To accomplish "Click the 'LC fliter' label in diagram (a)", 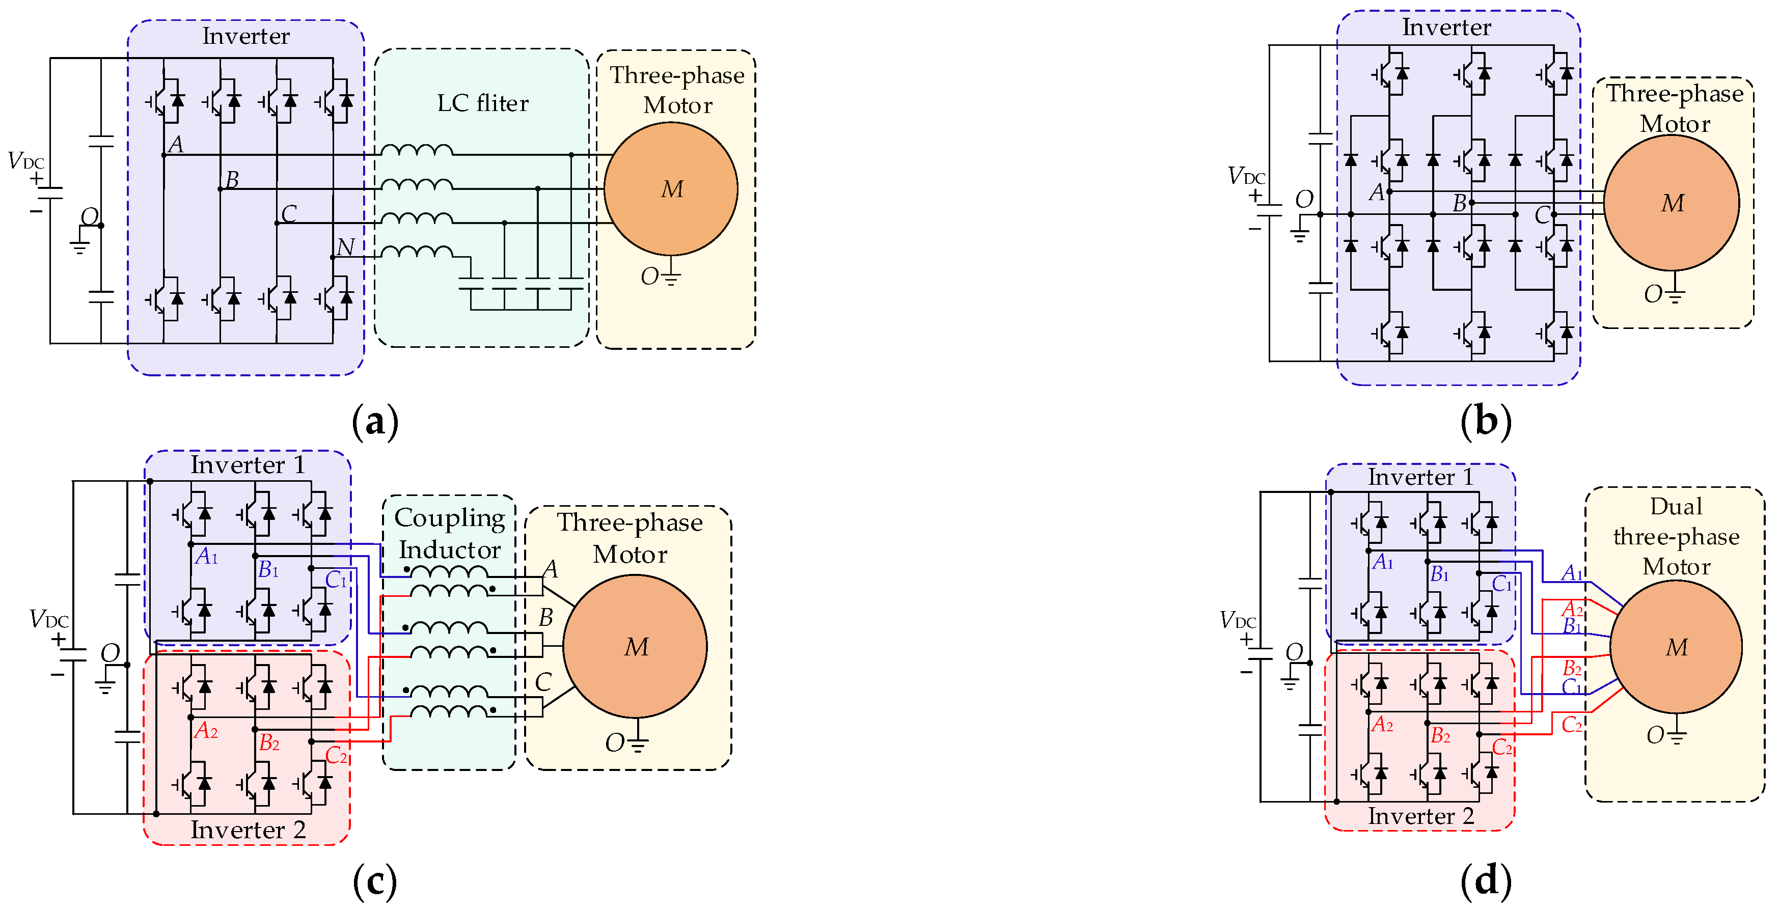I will (x=483, y=103).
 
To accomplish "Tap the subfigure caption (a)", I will (x=375, y=421).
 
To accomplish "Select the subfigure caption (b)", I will (x=1486, y=421).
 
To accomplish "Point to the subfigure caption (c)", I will (x=375, y=881).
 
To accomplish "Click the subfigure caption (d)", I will (x=1486, y=881).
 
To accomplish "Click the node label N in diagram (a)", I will (x=345, y=246).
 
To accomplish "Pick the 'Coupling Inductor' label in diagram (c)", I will (x=450, y=534).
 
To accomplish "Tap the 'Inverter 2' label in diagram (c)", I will (x=248, y=829).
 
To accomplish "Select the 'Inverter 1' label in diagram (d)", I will (x=1420, y=477).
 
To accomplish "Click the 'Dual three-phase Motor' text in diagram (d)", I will (x=1676, y=536).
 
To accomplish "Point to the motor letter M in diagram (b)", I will (x=1672, y=204).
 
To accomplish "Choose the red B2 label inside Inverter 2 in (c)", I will (x=268, y=743).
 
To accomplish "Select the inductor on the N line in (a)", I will (x=417, y=252).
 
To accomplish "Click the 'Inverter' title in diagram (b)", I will (x=1446, y=27).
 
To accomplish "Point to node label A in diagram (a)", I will (x=176, y=144).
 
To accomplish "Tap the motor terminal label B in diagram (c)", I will (x=545, y=617).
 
